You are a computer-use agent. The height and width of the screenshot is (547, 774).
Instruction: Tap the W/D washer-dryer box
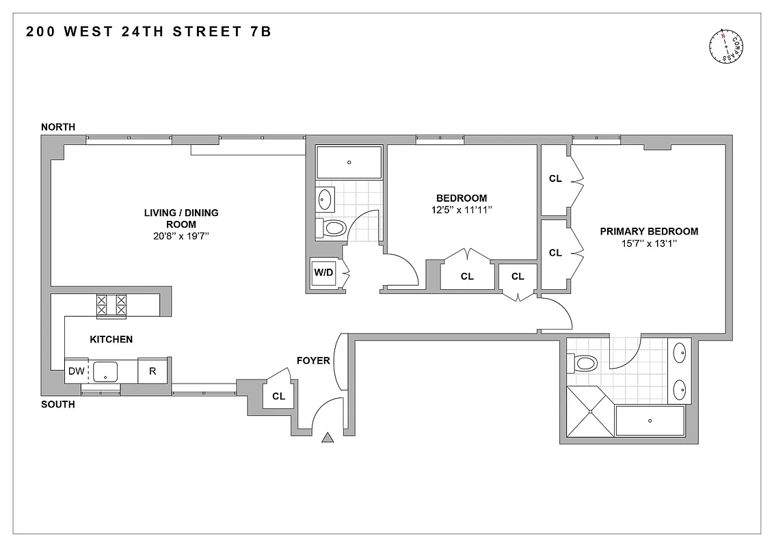click(x=323, y=273)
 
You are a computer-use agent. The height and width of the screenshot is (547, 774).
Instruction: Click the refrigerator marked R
click(x=152, y=371)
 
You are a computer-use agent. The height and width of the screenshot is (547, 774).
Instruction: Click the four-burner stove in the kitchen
click(x=111, y=304)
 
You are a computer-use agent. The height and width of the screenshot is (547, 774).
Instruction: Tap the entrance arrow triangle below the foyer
click(x=328, y=438)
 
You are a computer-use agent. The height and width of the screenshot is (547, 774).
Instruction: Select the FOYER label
click(x=313, y=360)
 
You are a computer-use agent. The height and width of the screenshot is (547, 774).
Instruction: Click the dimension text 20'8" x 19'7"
click(x=181, y=236)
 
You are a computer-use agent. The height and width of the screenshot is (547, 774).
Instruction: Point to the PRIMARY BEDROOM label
click(x=649, y=231)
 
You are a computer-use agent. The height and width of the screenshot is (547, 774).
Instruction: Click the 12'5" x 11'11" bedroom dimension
click(x=462, y=211)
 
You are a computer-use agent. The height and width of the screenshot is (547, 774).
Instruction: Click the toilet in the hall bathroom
click(x=332, y=228)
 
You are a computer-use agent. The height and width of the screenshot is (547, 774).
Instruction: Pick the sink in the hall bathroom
click(x=325, y=200)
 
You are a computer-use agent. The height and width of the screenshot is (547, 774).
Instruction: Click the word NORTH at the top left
click(x=58, y=127)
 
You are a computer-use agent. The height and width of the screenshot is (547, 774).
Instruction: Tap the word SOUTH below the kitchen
click(x=58, y=405)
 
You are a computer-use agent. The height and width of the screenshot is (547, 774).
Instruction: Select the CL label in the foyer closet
click(x=278, y=396)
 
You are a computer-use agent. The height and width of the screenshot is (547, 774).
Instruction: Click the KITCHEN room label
click(x=111, y=339)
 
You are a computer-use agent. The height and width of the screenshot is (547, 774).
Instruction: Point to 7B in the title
click(x=261, y=31)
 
